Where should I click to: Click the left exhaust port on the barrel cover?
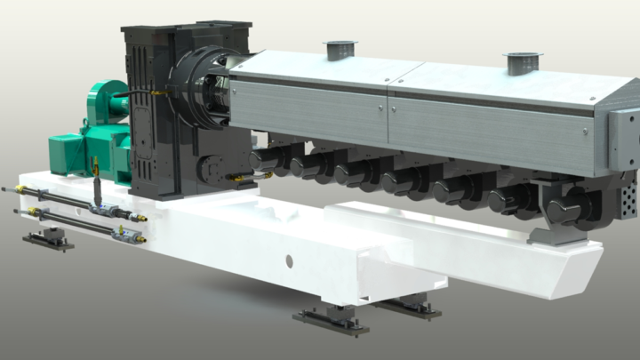coord(340,48)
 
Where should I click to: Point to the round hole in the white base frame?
coord(288,261)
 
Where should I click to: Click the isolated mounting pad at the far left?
coord(48,240)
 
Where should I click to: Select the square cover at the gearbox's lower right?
coord(212,168)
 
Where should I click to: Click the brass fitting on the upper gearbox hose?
coord(159,91)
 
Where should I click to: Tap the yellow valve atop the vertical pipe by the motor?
coord(95,165)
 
